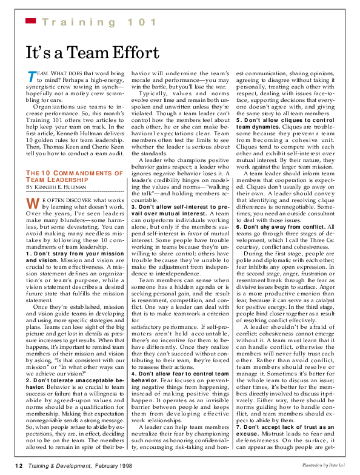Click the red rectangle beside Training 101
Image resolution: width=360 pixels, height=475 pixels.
(x=31, y=21)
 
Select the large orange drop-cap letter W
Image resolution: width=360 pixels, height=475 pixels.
(x=33, y=203)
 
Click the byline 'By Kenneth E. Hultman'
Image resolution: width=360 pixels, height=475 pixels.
(x=56, y=187)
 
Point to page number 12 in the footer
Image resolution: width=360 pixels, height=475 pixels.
(x=19, y=466)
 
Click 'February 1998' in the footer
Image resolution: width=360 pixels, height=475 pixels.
(x=113, y=466)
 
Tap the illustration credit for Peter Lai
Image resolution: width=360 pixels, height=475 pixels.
(x=324, y=465)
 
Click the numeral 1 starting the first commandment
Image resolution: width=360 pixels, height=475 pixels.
(x=27, y=254)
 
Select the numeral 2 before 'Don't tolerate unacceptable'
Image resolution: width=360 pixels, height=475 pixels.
(x=27, y=380)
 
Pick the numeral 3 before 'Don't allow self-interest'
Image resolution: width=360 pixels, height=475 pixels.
(x=133, y=207)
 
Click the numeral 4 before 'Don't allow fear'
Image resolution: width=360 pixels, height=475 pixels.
(x=133, y=374)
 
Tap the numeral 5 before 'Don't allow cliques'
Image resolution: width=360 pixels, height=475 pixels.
(x=238, y=120)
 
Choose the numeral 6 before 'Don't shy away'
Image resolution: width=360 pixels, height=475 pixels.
(x=238, y=227)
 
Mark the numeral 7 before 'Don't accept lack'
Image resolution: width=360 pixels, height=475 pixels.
(x=238, y=427)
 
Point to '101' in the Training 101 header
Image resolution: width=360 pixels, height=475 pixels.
(x=142, y=22)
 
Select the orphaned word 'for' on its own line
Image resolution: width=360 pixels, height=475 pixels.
(x=135, y=320)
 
